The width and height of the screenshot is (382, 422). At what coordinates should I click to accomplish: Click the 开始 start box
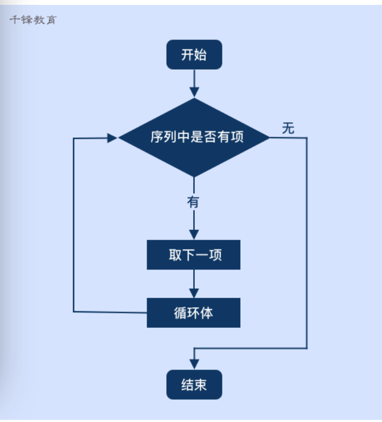point(194,55)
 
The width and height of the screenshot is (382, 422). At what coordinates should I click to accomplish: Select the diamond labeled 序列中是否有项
point(194,137)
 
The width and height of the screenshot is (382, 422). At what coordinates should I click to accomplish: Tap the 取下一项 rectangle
point(194,255)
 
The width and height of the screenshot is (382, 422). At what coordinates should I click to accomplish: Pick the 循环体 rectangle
point(194,313)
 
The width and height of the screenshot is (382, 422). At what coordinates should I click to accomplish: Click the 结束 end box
point(194,385)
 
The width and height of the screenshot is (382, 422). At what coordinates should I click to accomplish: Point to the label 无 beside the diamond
point(288,129)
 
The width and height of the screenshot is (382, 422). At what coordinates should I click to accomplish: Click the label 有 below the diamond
point(193,202)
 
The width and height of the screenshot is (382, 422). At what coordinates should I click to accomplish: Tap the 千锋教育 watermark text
point(32,21)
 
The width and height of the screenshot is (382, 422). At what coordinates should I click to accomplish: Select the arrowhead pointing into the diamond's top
point(194,93)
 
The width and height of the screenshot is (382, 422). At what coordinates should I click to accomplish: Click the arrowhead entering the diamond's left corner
point(112,138)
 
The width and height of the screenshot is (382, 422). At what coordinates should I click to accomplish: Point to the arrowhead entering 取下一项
point(194,234)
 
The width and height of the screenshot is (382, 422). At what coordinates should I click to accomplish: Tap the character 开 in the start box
point(187,55)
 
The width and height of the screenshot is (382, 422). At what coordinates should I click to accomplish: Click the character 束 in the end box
point(200,385)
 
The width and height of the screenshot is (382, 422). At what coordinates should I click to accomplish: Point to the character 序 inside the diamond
point(157,137)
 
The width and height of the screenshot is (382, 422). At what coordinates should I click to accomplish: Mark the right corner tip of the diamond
point(269,137)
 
